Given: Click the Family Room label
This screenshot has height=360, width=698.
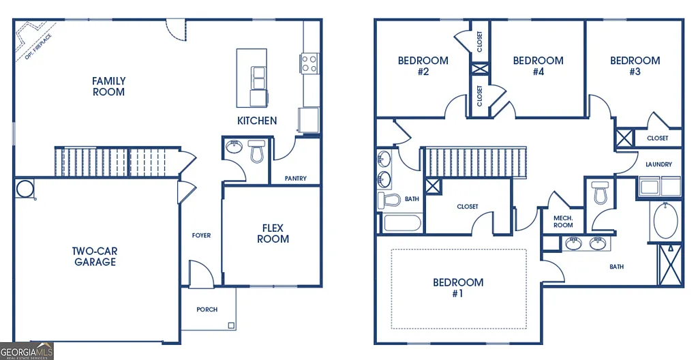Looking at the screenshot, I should click(109, 87).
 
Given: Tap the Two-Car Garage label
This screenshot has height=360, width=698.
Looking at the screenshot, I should click(95, 256).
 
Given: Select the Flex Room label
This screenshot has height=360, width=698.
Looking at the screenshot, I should click(273, 233).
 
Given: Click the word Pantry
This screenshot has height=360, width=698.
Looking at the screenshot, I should click(295, 179).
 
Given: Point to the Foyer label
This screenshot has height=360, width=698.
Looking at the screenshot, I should click(201, 235).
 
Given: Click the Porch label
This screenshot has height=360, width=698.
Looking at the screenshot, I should click(207, 310).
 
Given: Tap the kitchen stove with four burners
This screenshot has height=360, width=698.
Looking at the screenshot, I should click(309, 63).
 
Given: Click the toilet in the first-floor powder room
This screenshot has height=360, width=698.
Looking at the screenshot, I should click(257, 151).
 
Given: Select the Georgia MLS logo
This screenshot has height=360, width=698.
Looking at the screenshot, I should click(27, 350).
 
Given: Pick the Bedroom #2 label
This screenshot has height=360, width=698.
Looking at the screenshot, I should click(423, 65).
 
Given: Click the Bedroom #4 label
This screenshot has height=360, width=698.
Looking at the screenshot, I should click(538, 65).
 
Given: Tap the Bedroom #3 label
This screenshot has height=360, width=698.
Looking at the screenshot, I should click(635, 65).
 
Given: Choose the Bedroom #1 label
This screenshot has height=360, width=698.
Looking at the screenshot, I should click(458, 288).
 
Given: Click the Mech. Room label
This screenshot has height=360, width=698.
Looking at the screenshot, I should click(563, 221).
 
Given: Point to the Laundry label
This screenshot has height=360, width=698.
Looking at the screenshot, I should click(658, 164).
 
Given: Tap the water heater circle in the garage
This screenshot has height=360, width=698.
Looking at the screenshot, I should click(25, 187).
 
